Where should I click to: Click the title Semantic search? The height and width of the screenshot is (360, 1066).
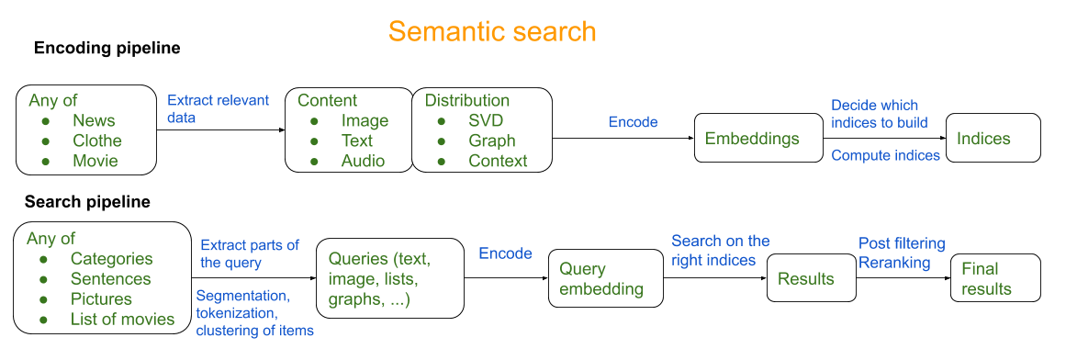(x=492, y=31)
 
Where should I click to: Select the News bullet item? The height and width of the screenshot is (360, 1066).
(x=94, y=120)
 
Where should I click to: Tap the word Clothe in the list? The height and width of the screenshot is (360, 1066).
(x=97, y=141)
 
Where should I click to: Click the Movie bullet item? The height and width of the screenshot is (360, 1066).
(x=95, y=161)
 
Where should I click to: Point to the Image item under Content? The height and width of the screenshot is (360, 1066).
(x=365, y=120)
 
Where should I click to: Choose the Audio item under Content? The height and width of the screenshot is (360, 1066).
(x=363, y=161)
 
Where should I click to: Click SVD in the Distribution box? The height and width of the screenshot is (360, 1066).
(x=486, y=120)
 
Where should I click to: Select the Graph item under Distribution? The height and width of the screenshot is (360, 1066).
(x=491, y=141)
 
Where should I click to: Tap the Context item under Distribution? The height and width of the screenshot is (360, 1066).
(x=498, y=161)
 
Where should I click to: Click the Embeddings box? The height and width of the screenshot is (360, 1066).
(x=758, y=139)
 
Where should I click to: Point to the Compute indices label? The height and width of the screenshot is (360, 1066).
(x=885, y=156)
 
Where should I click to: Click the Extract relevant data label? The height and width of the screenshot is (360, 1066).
(x=218, y=109)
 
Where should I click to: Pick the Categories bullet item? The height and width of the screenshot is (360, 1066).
(x=111, y=259)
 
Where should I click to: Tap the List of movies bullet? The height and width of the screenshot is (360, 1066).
(x=122, y=320)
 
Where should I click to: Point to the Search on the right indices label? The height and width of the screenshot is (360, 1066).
(x=720, y=251)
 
